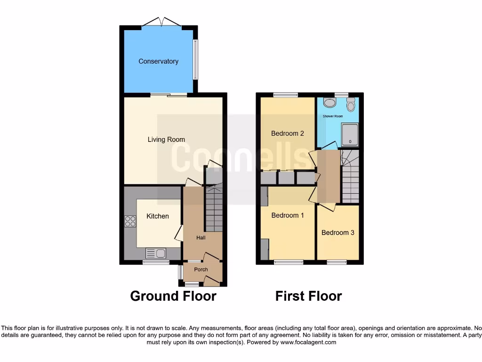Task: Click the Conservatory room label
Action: pyautogui.click(x=158, y=61)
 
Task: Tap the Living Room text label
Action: pyautogui.click(x=166, y=140)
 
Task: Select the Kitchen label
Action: pyautogui.click(x=158, y=216)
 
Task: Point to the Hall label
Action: pyautogui.click(x=201, y=238)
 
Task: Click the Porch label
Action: pyautogui.click(x=201, y=270)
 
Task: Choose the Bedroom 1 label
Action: pyautogui.click(x=288, y=215)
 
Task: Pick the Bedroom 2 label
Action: pyautogui.click(x=288, y=133)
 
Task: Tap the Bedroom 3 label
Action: pyautogui.click(x=338, y=232)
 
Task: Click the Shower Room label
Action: pyautogui.click(x=333, y=116)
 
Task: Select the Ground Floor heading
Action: pyautogui.click(x=173, y=296)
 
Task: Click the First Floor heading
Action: pyautogui.click(x=308, y=296)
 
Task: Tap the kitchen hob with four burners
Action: pyautogui.click(x=130, y=221)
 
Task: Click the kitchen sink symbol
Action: pyautogui.click(x=156, y=254)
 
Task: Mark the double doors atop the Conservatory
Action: pyautogui.click(x=161, y=22)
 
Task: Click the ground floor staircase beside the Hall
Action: pyautogui.click(x=214, y=207)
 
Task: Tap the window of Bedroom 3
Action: pyautogui.click(x=337, y=262)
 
